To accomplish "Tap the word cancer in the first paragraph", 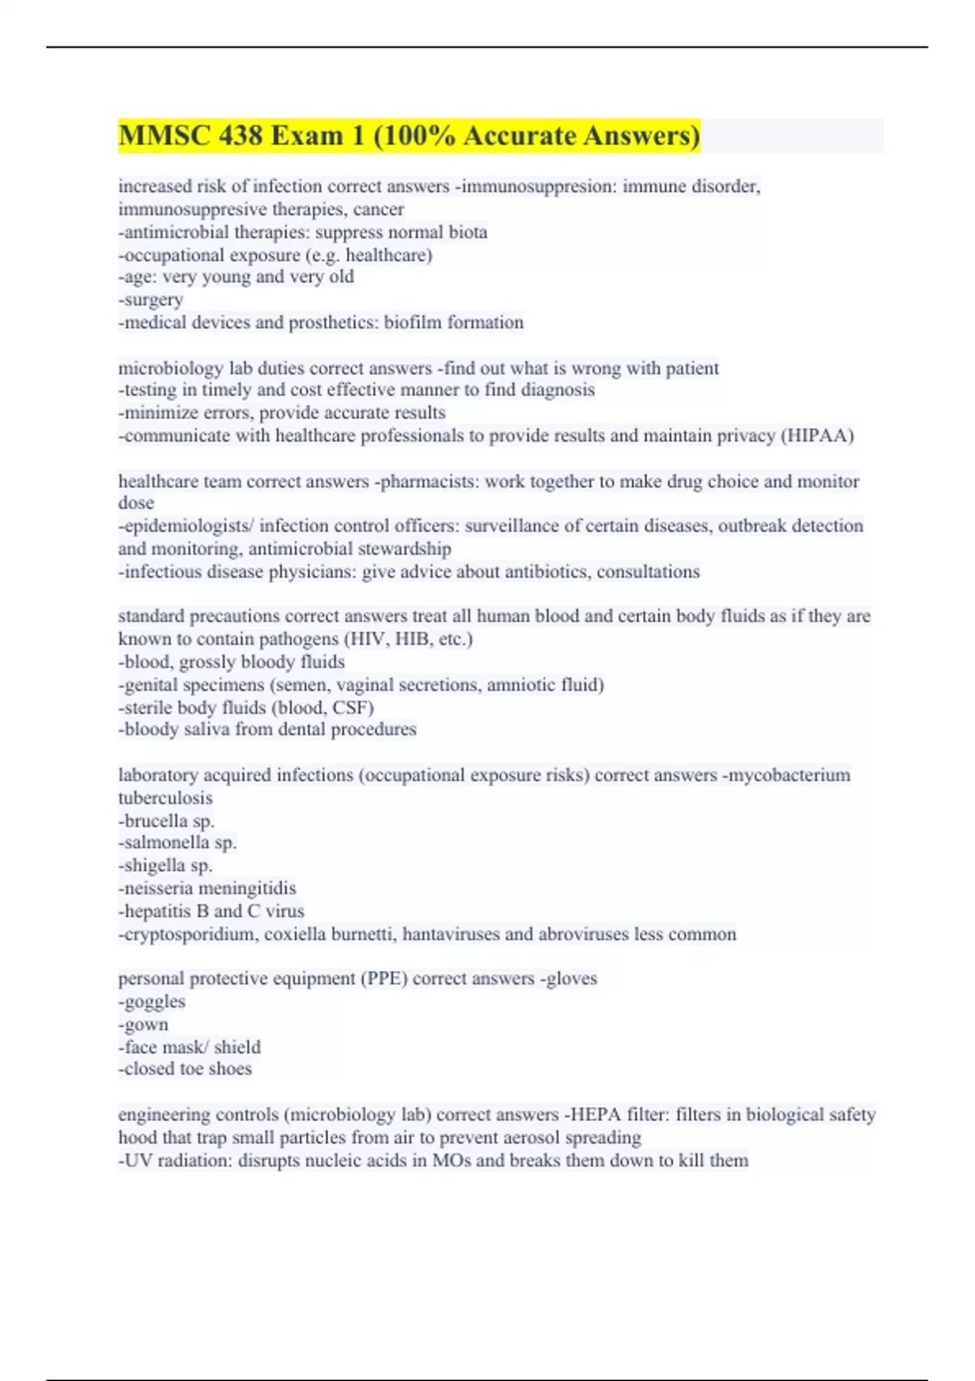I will pyautogui.click(x=378, y=210).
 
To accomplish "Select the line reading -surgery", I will pyautogui.click(x=151, y=300).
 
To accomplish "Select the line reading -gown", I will pyautogui.click(x=144, y=1024).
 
